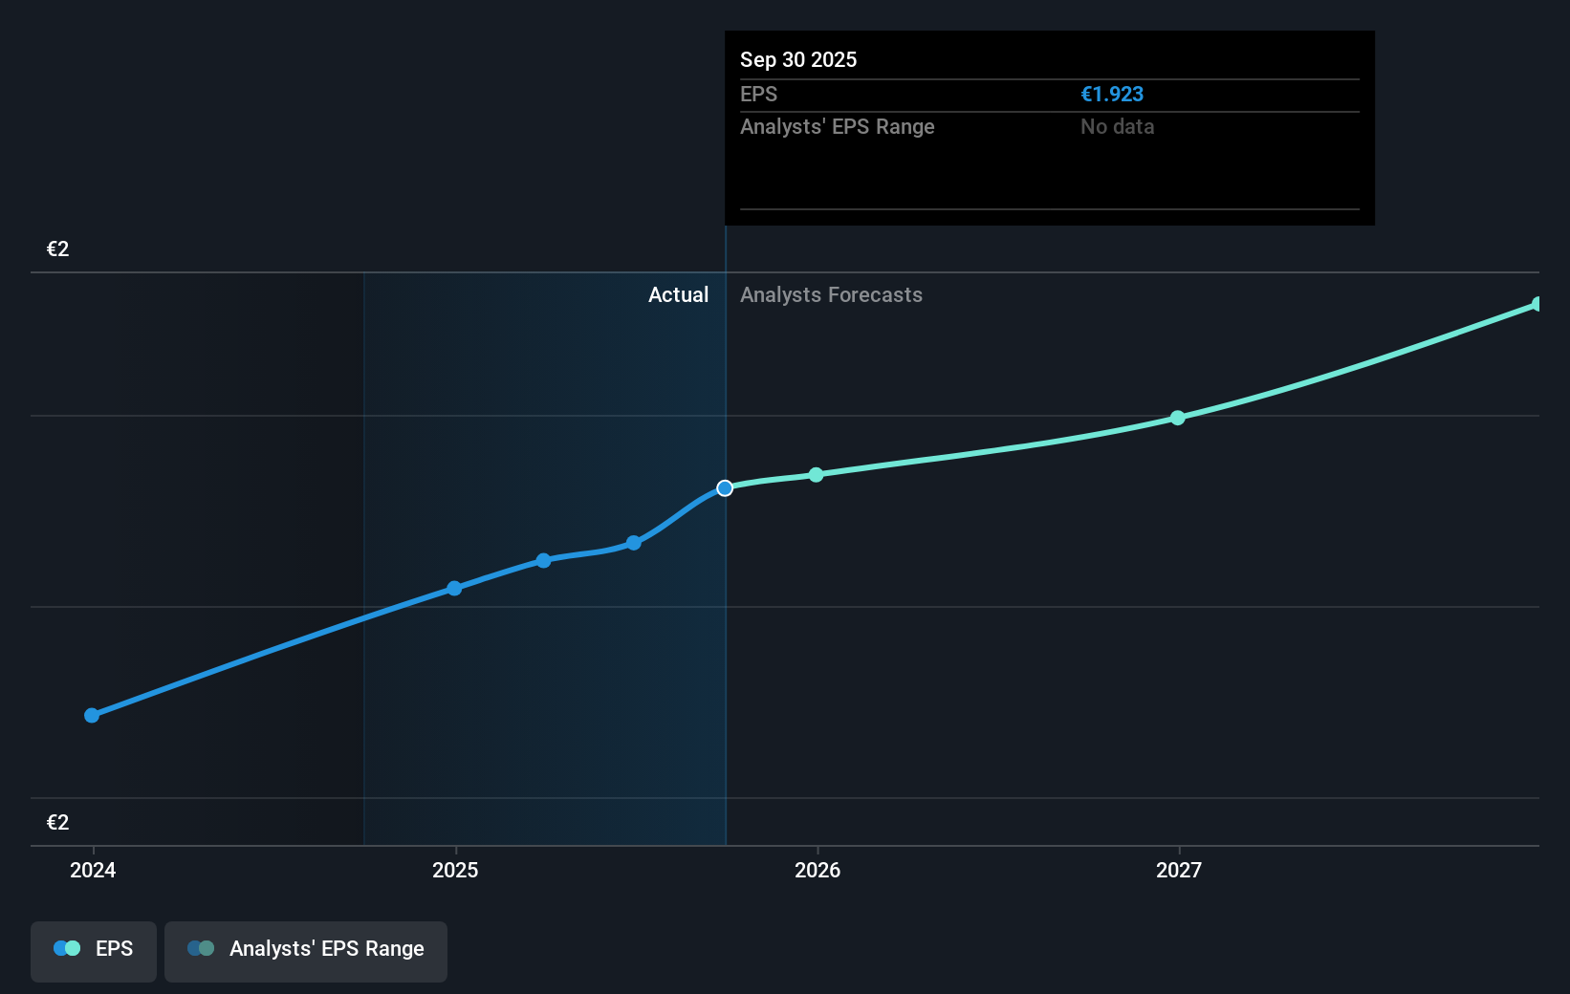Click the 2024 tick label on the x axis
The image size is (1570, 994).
click(93, 870)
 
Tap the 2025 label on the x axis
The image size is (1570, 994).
click(455, 870)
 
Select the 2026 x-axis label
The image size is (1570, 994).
click(818, 870)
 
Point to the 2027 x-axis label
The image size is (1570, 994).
click(1179, 870)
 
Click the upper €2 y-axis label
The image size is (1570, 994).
click(57, 248)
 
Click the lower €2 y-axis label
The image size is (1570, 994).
click(57, 822)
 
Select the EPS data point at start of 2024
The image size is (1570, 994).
click(92, 715)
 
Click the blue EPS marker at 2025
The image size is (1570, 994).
click(455, 588)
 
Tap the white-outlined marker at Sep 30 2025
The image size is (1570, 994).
click(725, 488)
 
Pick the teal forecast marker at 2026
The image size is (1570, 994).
click(816, 475)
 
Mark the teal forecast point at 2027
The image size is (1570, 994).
click(1178, 418)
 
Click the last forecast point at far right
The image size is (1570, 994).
click(1537, 304)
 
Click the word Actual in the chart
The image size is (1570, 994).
click(678, 294)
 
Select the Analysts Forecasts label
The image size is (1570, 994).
click(831, 294)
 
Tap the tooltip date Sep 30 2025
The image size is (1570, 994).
click(798, 59)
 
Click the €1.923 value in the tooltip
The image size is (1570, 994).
click(1112, 94)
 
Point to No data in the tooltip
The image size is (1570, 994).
click(1117, 126)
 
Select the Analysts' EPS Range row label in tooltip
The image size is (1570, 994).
click(837, 126)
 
